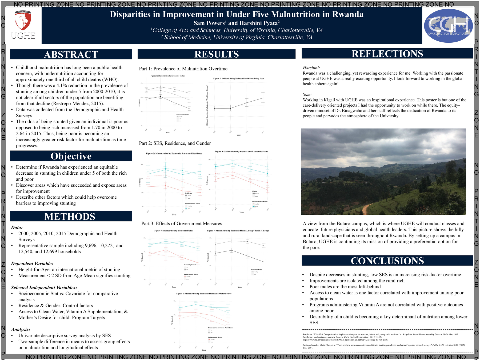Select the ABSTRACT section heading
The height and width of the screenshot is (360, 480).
coord(71,54)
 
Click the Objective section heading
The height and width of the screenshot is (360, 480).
coord(71,156)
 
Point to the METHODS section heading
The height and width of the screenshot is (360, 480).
coord(70,217)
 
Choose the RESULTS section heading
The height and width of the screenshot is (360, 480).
coord(217,54)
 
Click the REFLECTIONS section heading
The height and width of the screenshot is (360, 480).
coord(387,54)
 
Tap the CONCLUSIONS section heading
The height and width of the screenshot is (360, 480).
coord(387,261)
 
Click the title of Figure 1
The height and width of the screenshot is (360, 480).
coord(167,76)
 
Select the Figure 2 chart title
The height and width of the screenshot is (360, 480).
coord(238,79)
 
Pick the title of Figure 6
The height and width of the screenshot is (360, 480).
coord(204,294)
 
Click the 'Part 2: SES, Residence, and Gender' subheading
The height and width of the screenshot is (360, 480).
coord(175,143)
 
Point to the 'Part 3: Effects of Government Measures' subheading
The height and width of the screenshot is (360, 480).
coord(182,224)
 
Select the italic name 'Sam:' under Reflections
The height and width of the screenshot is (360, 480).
coord(307,95)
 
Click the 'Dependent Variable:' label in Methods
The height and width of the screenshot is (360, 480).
coord(32,264)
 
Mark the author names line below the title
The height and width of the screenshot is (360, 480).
coord(237,23)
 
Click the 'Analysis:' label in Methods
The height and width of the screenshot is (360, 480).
coord(21,330)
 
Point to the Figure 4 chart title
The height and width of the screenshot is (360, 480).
coord(241,151)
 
